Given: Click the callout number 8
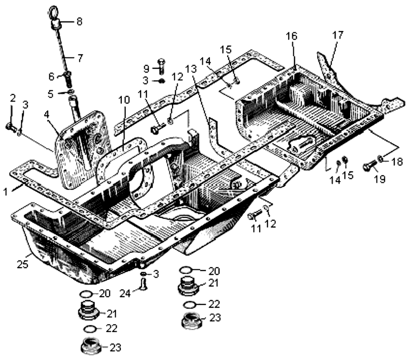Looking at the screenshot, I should tap(79, 21).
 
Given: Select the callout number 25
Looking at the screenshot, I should tap(22, 264).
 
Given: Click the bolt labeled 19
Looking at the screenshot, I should tap(369, 167).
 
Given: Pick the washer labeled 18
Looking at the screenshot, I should tap(381, 158).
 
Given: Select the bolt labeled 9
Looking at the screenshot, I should tap(160, 66).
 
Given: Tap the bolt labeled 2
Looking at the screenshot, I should tap(11, 127).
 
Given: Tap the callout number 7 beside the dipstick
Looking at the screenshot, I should tap(79, 58).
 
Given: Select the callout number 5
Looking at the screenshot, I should tap(51, 94).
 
